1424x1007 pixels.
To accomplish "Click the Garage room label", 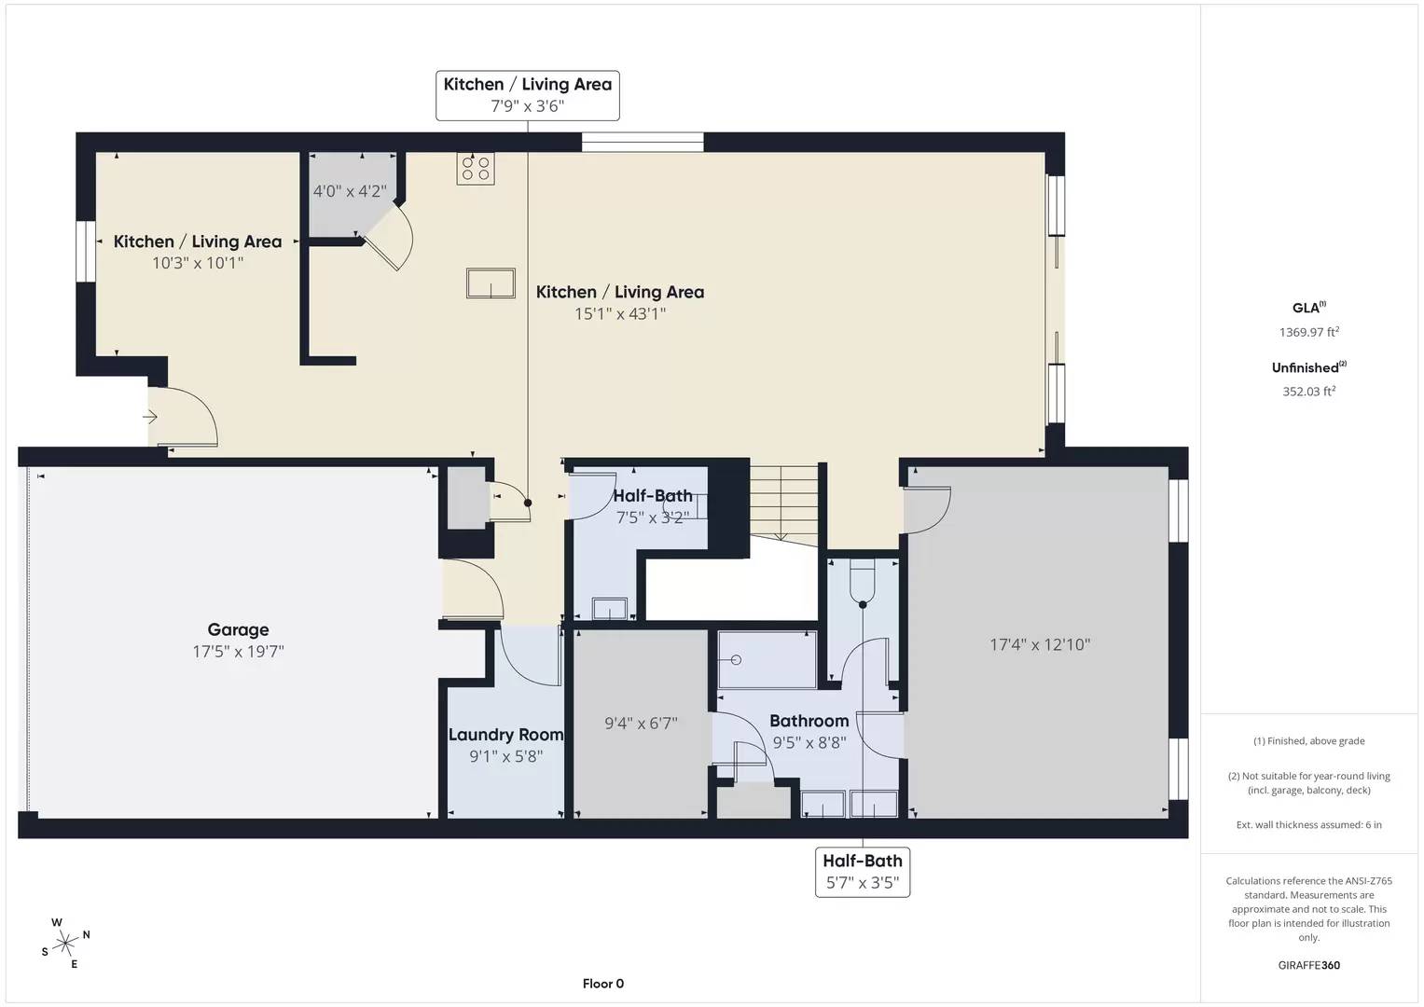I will click(x=238, y=630).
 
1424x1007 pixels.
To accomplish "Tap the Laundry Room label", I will click(x=505, y=735).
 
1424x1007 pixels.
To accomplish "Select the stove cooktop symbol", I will click(x=476, y=169).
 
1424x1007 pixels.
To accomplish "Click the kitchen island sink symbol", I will click(x=491, y=283).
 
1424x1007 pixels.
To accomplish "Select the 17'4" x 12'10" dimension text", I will click(x=1039, y=644).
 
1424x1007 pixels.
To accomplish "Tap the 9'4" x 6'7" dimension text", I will click(x=641, y=723).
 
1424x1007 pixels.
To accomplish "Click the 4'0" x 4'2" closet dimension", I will click(x=350, y=191).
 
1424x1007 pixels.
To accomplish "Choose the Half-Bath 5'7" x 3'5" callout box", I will click(x=863, y=872).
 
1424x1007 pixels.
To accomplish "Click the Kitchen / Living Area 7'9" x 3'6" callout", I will click(x=527, y=95).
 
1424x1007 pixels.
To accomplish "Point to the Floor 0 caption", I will click(x=602, y=984).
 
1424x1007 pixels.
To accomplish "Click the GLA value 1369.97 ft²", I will click(x=1308, y=332).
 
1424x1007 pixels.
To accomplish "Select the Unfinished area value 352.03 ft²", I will click(x=1308, y=392).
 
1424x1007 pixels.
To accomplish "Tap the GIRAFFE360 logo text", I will click(x=1308, y=965).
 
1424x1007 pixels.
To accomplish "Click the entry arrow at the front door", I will click(x=150, y=417).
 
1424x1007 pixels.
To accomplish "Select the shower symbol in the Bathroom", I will click(x=767, y=659).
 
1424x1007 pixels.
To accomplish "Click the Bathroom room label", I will click(x=809, y=721).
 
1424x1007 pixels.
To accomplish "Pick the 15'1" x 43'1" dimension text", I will click(x=619, y=314).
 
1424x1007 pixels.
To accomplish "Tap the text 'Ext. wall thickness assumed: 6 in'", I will click(x=1308, y=824).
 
